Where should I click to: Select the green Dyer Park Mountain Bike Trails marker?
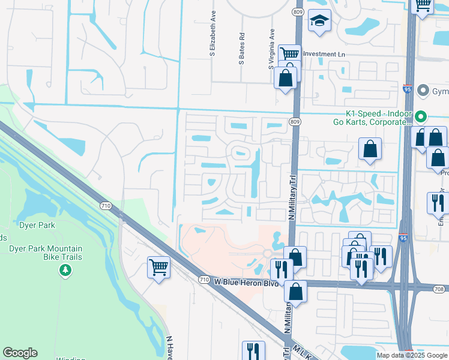pos(65,271)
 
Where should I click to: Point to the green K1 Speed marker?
pos(421,117)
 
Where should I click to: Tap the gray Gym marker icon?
pos(423,91)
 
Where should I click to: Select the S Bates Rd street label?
pos(242,49)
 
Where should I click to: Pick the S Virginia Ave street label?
pos(271,48)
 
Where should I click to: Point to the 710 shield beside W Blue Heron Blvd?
pos(204,280)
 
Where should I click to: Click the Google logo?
pos(20,353)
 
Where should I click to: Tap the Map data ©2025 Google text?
pos(412,355)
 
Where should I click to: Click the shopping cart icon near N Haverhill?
pos(158,267)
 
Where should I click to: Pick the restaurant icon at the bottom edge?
pos(253,350)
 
